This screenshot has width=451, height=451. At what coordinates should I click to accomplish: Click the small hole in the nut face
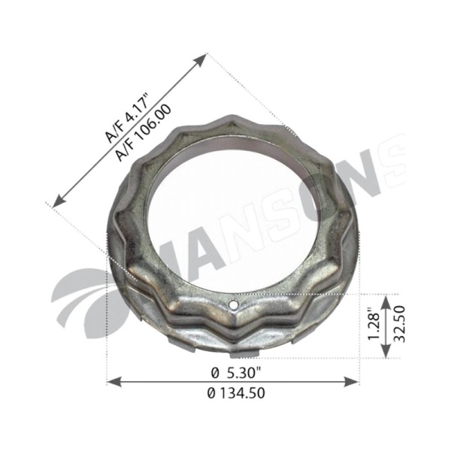235,304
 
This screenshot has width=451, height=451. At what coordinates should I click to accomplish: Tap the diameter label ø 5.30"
235,374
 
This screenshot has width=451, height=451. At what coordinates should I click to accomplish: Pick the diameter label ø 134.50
235,393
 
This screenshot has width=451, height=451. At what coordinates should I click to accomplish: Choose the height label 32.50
400,324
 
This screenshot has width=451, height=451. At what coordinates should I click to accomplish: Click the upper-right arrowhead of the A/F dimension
201,59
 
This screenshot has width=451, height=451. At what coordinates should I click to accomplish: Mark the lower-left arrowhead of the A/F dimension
59,201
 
